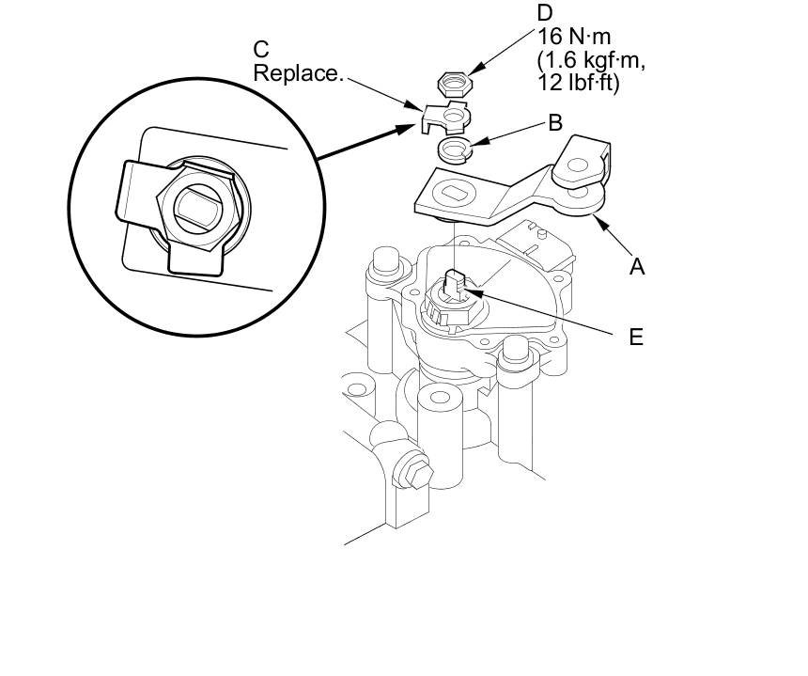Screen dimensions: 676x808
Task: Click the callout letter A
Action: click(637, 267)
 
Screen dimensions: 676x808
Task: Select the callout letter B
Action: click(555, 122)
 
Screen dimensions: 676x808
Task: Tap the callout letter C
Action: click(262, 49)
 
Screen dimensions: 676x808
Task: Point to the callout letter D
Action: click(545, 13)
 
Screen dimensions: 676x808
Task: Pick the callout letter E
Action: click(636, 337)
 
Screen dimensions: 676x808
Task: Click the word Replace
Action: click(298, 72)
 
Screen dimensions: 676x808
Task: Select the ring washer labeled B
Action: click(454, 148)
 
